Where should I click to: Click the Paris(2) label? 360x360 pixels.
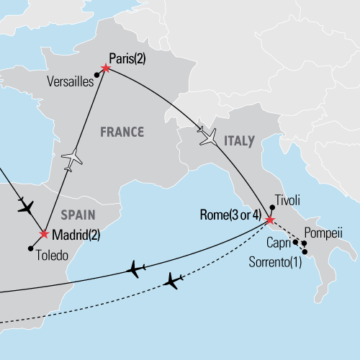point(129,59)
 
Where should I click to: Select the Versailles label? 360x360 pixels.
point(72,81)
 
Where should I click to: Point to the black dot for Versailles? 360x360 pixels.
point(96,74)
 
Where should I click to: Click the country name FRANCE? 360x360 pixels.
point(122,132)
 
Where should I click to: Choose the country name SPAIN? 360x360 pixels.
point(79,215)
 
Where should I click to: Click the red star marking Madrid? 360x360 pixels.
point(45,235)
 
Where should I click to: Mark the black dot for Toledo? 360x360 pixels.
point(31,248)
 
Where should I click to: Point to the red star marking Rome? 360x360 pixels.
point(270,220)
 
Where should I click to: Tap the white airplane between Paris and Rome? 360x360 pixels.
point(208,136)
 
